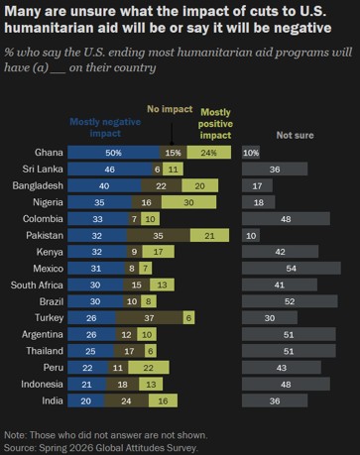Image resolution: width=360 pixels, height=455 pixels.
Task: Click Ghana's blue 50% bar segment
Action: (x=114, y=153)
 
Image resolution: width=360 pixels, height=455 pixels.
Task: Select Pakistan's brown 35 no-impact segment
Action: (x=159, y=235)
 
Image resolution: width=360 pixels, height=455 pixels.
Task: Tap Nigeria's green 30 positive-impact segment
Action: (x=188, y=202)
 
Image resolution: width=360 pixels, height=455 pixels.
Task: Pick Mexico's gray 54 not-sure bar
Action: (x=292, y=269)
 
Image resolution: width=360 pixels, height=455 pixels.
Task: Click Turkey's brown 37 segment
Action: (x=150, y=318)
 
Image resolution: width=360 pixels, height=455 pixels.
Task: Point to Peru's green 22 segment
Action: (x=149, y=368)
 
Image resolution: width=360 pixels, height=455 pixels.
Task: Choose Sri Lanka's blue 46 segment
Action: (x=110, y=169)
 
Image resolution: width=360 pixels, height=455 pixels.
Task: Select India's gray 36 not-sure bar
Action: (x=275, y=400)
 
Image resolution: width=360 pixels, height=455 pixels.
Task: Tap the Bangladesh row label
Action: (x=38, y=185)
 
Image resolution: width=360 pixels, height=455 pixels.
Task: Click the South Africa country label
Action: (x=37, y=284)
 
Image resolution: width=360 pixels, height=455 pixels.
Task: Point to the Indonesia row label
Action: (x=42, y=384)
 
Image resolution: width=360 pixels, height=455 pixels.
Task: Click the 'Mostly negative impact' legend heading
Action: (x=105, y=128)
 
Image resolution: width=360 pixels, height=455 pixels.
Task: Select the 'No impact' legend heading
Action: (x=170, y=109)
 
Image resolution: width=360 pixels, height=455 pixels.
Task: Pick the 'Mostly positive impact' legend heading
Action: (x=215, y=124)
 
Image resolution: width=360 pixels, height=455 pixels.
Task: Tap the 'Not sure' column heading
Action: (x=295, y=135)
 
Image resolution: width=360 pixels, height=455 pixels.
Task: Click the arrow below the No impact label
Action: (x=172, y=134)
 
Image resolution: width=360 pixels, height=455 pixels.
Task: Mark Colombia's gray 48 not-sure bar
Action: (x=286, y=219)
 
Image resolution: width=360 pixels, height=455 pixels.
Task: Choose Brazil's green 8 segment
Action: (x=149, y=301)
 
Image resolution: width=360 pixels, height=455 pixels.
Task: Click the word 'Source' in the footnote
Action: (x=19, y=448)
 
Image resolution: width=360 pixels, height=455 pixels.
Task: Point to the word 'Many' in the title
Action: (x=23, y=12)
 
